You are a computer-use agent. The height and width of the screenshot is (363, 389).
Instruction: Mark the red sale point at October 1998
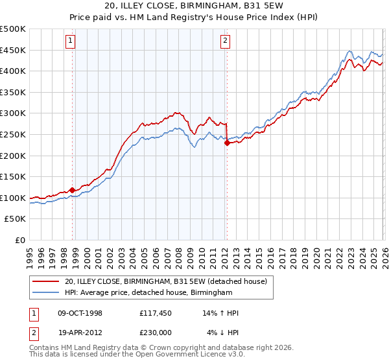[72, 190]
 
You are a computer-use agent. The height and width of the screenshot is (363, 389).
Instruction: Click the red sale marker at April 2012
[227, 143]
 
